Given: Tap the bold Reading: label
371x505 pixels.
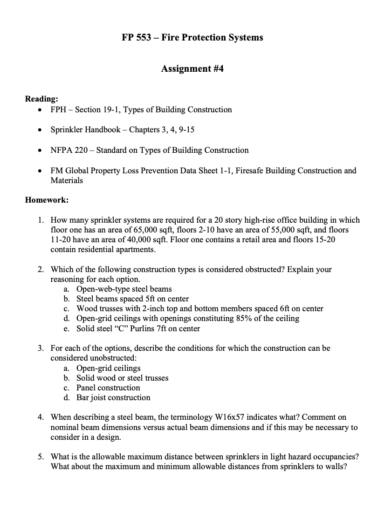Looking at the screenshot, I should click(41, 99).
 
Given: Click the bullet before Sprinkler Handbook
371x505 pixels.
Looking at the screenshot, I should click(41, 130).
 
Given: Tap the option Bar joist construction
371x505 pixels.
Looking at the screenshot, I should click(113, 398).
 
